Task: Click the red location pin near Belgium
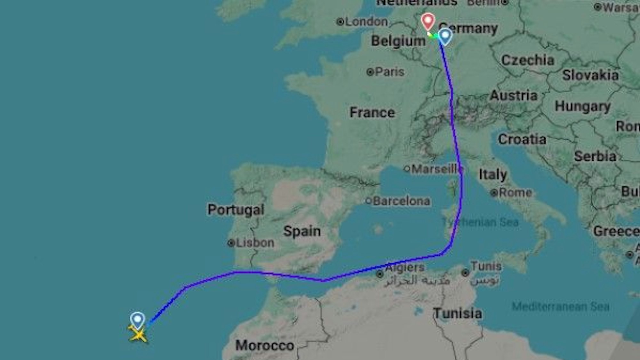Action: point(428,21)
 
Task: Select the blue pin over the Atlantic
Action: point(138,320)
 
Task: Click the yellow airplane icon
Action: point(138,334)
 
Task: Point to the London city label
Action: point(366,22)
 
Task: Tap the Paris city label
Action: point(389,72)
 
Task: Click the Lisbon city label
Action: point(255,243)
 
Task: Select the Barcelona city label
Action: point(401,201)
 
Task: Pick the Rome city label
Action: point(515,193)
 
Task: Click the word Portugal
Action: point(236,210)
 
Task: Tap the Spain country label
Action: point(302,231)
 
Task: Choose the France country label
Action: point(372,112)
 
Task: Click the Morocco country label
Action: point(265,346)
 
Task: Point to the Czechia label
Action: point(528,60)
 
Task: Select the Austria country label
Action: point(514,95)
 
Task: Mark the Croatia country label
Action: point(522,139)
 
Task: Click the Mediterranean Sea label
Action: point(560,306)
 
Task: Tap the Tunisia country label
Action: point(457,313)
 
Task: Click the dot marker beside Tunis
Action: point(465,273)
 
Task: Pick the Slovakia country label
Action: point(590,75)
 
